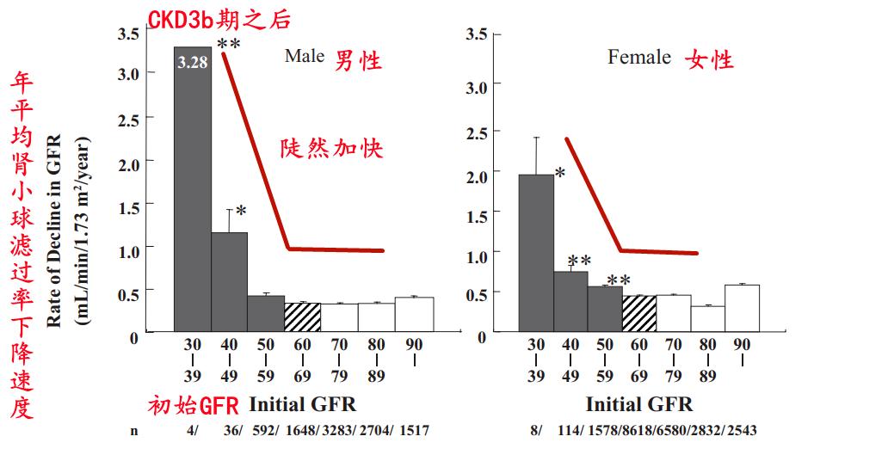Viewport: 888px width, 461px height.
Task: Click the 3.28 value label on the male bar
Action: (193, 62)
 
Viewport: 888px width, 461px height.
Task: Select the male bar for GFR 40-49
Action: (230, 281)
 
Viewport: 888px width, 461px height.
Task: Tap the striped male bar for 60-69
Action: (302, 317)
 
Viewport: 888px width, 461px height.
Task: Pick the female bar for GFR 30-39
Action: (536, 253)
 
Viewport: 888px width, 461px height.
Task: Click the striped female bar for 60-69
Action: (639, 313)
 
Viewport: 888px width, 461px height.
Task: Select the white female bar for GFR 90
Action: (742, 308)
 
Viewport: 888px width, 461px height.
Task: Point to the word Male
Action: (305, 56)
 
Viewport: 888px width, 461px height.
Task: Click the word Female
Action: (639, 58)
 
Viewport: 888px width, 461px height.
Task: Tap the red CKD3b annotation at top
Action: (219, 19)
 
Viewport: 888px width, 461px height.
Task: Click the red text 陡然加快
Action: (332, 149)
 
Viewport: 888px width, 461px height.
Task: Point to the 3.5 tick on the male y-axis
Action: (128, 34)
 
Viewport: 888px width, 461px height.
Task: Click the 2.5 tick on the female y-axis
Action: (477, 133)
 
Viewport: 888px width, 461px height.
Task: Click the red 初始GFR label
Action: (193, 405)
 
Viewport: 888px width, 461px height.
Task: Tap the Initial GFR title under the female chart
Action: (639, 404)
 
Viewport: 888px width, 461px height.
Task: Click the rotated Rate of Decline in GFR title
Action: (54, 231)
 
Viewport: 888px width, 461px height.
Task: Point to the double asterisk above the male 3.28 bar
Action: (229, 45)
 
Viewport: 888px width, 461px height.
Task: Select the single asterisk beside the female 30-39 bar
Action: (560, 173)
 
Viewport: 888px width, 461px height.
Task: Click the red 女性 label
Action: (710, 58)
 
